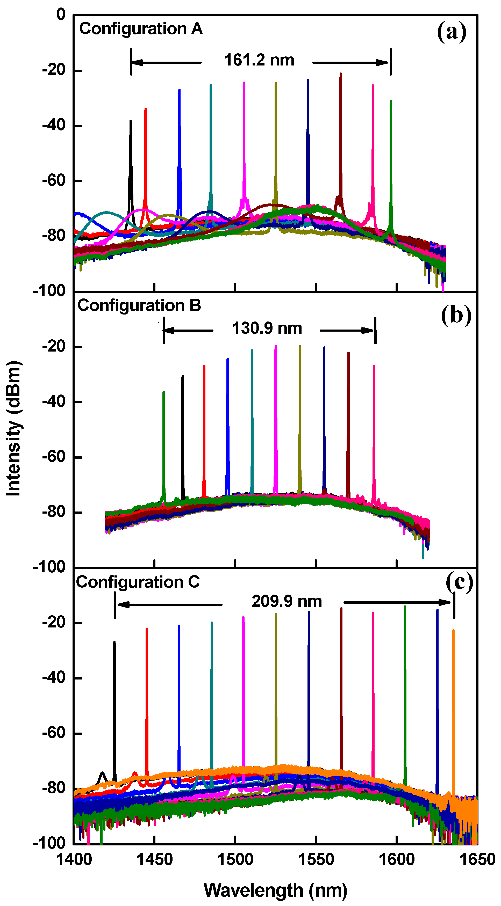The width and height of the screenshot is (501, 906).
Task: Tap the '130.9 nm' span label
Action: [267, 328]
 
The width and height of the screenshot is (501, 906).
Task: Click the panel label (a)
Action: [452, 32]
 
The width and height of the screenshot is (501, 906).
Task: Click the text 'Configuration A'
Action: [141, 29]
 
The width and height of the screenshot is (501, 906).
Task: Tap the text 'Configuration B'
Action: [139, 305]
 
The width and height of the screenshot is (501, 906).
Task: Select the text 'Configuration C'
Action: [138, 582]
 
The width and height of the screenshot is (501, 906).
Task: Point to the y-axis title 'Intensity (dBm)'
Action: [14, 428]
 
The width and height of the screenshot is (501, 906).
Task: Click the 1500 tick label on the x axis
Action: [235, 859]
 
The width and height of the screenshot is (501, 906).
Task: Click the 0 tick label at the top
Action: [61, 15]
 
